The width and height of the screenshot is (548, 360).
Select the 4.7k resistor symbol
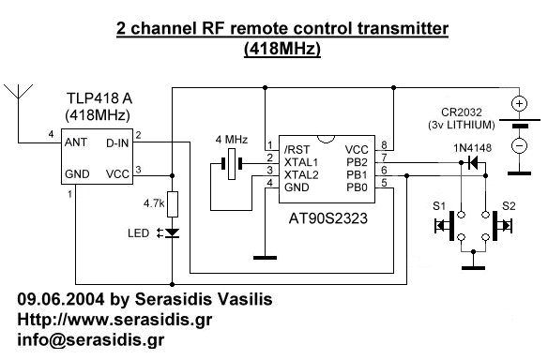[172, 203]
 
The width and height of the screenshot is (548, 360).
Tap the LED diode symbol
[172, 233]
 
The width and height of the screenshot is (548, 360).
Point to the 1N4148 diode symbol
[468, 162]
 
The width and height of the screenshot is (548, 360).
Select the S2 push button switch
[496, 225]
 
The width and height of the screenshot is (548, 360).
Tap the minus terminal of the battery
[517, 146]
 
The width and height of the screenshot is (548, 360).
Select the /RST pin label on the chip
[284, 149]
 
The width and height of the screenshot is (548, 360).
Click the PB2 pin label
[357, 162]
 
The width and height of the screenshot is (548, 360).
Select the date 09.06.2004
[57, 299]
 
